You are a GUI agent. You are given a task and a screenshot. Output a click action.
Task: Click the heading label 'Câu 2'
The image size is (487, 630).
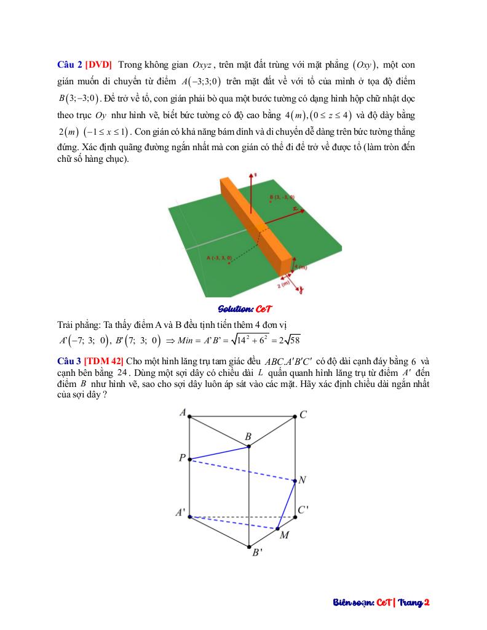tap(69, 65)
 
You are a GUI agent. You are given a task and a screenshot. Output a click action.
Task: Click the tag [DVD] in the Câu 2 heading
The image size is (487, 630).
tap(98, 65)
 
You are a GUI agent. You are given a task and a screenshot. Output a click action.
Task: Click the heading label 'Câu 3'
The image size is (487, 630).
tap(69, 361)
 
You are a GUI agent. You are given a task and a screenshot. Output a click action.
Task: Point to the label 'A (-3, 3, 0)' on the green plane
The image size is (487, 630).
tap(219, 257)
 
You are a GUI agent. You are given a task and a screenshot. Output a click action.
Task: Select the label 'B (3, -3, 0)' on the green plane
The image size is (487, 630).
tap(282, 197)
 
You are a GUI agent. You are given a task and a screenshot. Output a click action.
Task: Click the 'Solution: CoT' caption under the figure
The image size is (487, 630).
tap(245, 308)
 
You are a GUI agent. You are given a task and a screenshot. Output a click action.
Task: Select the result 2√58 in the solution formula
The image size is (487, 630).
tap(288, 340)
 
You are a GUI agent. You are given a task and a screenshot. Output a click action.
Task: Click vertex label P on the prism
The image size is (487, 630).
tap(182, 458)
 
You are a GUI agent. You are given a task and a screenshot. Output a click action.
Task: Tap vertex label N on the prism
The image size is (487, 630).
tap(302, 480)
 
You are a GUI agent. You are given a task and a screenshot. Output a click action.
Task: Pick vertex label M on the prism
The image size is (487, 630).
tap(284, 535)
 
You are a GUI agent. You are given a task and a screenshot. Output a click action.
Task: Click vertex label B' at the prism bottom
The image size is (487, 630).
tap(257, 552)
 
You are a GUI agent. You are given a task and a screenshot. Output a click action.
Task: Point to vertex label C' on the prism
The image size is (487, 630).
tap(303, 510)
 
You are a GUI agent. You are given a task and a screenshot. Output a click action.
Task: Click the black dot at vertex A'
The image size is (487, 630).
tap(189, 516)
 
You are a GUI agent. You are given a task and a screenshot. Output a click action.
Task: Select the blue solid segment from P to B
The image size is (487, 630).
tap(219, 452)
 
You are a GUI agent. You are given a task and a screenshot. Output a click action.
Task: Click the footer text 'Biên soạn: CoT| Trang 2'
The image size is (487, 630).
tap(377, 602)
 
